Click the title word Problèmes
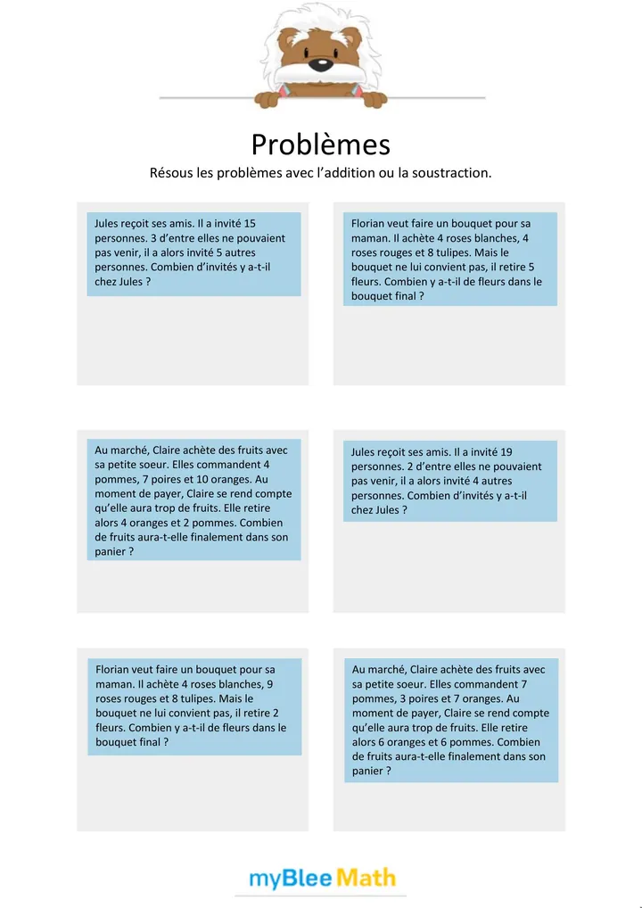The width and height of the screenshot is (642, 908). pos(320,144)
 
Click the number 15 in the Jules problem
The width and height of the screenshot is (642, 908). pos(250,223)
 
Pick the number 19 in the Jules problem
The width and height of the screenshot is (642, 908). pos(506,452)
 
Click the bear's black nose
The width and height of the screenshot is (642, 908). pos(318,64)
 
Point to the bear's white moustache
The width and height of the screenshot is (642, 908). pos(318,78)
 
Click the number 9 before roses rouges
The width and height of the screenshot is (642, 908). pos(269,684)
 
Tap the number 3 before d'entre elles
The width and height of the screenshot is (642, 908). pos(152,238)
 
